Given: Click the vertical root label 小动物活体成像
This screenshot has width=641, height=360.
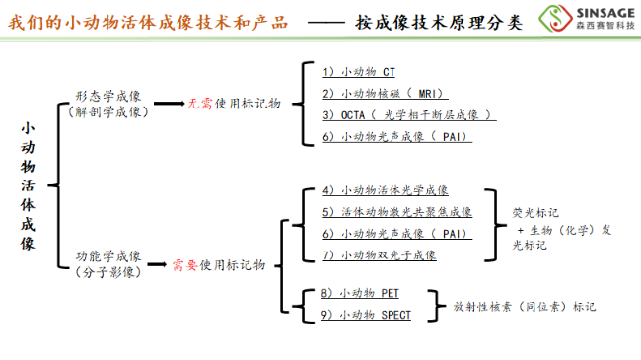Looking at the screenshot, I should [x=28, y=187].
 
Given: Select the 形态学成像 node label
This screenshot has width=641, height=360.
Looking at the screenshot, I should [x=108, y=96].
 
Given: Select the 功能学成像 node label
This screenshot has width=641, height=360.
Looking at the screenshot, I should [x=108, y=256].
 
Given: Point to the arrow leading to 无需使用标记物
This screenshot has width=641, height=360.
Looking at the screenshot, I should [x=170, y=103].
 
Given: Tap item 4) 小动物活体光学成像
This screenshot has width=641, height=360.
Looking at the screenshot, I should [x=385, y=190].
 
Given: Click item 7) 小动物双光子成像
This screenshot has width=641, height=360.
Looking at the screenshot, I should [x=379, y=254].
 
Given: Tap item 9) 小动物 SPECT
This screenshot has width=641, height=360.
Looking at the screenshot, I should [x=366, y=315].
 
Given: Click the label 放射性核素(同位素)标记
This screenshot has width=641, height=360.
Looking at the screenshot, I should [x=524, y=307].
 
